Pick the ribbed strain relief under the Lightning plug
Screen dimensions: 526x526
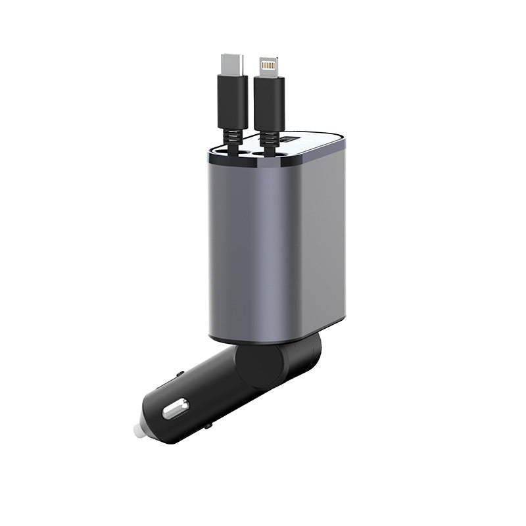[268, 138]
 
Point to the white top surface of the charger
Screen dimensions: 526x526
[316, 143]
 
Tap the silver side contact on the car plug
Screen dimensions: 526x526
[176, 410]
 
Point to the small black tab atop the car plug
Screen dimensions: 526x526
[179, 375]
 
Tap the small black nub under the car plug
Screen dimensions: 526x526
[208, 427]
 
